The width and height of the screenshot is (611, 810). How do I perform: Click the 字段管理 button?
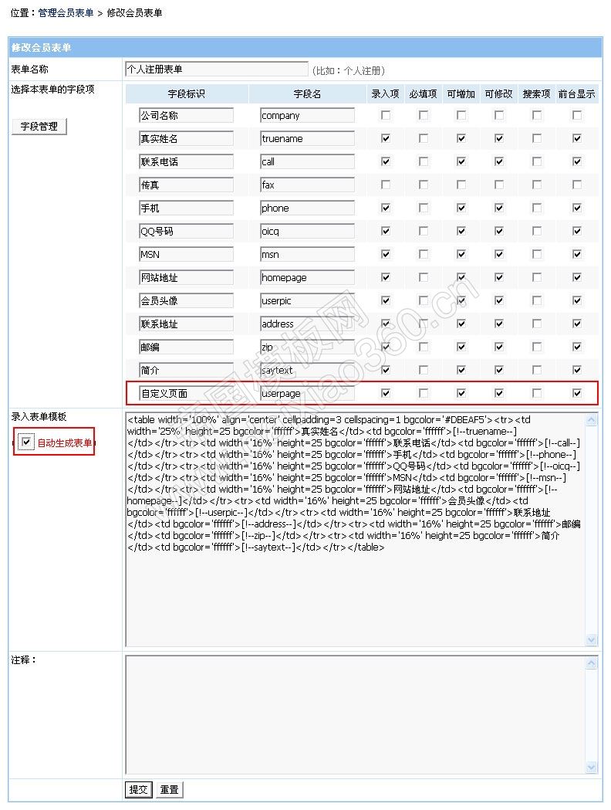tap(39, 127)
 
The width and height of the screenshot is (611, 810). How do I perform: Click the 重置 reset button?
tap(169, 790)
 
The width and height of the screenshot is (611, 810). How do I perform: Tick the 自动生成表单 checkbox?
tap(27, 442)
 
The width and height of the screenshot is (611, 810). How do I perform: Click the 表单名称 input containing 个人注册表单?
tap(217, 69)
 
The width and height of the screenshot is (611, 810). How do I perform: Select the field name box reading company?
tap(307, 116)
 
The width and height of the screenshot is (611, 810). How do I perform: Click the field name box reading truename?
tap(307, 139)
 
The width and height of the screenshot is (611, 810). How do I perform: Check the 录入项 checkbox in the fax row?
tap(386, 185)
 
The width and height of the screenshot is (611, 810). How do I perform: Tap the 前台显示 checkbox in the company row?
tap(576, 116)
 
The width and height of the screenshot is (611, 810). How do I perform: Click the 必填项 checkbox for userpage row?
tap(424, 393)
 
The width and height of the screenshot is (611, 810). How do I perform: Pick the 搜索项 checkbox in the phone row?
tap(537, 208)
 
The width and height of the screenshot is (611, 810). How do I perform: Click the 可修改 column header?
tap(498, 94)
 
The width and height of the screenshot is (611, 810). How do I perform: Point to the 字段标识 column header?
tap(186, 94)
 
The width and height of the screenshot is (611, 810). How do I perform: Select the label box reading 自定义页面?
tap(186, 393)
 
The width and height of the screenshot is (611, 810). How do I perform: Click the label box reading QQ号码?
tap(186, 232)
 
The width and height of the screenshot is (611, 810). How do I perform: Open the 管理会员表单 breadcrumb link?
tap(66, 13)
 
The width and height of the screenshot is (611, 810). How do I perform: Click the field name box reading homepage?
tap(307, 278)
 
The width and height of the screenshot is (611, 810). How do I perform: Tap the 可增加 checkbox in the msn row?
tap(461, 255)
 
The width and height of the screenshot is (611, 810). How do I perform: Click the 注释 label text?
tap(24, 660)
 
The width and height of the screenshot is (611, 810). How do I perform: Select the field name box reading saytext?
tap(307, 371)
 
